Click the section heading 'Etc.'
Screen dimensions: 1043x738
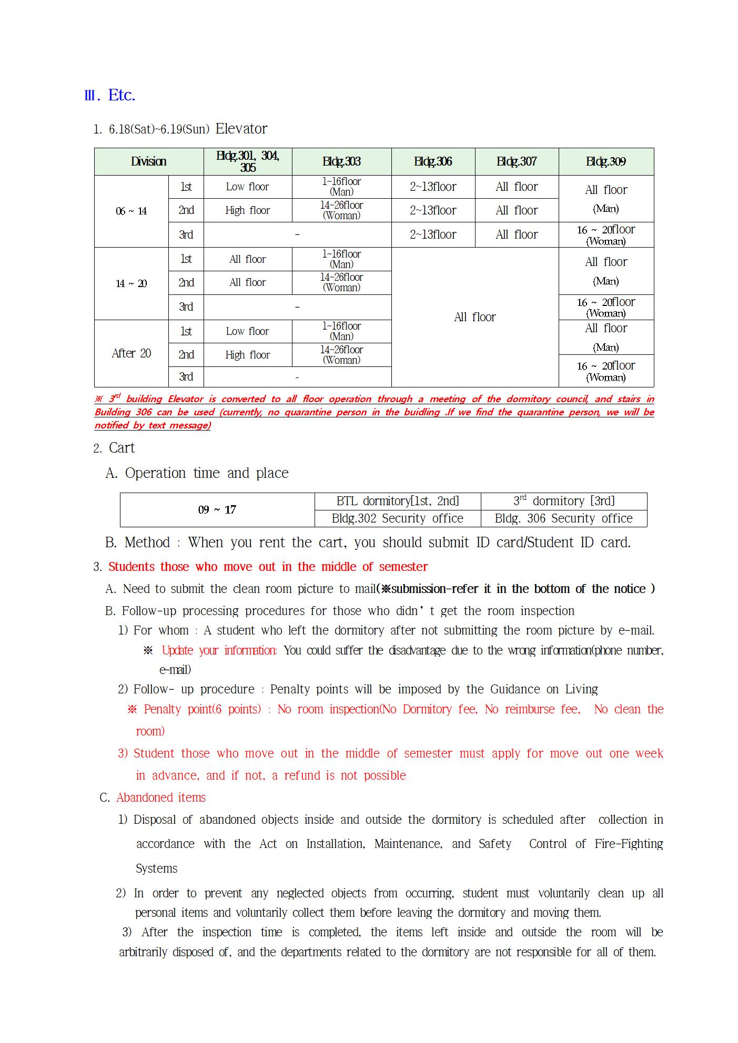[122, 95]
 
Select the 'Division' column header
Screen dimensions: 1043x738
[149, 161]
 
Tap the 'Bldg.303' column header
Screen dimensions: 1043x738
[341, 161]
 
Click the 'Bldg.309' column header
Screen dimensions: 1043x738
[606, 161]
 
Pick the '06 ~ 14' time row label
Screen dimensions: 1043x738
[132, 211]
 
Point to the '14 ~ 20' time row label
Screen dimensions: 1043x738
[132, 284]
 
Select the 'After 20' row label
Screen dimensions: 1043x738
[132, 353]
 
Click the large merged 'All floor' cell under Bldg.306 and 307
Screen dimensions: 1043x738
[474, 317]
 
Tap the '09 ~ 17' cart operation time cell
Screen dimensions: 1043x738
[217, 509]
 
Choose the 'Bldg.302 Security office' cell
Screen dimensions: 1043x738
[397, 518]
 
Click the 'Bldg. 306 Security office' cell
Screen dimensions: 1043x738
[563, 518]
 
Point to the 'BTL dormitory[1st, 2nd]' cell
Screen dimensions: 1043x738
[397, 501]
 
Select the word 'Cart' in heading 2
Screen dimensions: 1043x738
[122, 448]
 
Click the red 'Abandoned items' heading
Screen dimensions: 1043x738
[161, 797]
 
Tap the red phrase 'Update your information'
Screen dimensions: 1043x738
[219, 650]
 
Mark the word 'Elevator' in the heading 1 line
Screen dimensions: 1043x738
[241, 129]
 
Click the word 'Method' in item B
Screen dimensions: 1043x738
[147, 543]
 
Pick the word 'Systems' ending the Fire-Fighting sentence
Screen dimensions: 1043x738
[156, 868]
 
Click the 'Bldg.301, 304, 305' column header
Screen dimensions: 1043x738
[248, 161]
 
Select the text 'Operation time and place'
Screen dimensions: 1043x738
[207, 473]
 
